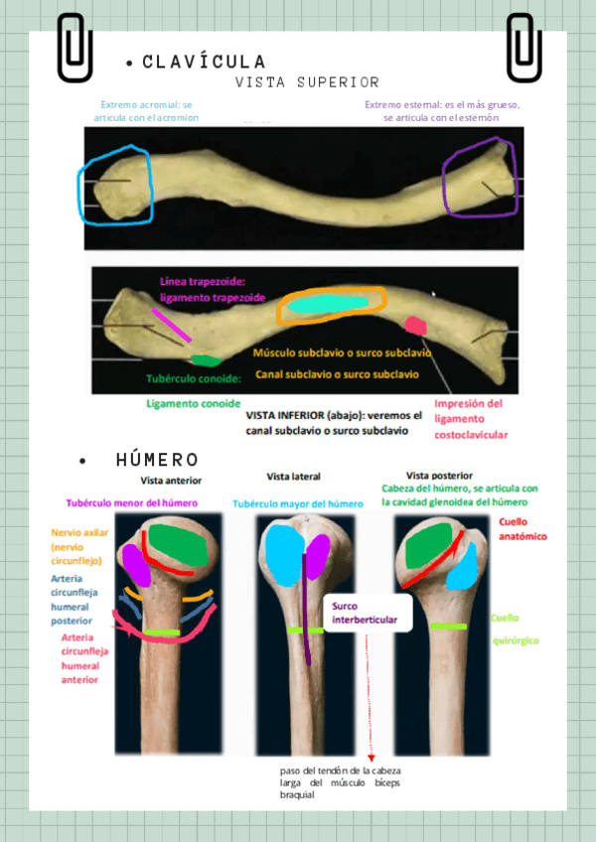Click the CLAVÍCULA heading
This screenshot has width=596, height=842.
[204, 63]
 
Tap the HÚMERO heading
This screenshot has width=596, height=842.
[157, 460]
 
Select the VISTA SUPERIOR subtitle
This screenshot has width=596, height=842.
[307, 81]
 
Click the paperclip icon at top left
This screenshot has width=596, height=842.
[74, 46]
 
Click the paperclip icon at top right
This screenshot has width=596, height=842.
[522, 46]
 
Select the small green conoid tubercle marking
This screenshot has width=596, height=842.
[205, 359]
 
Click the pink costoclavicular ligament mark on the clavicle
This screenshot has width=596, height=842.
[415, 325]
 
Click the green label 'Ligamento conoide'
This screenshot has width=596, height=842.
[193, 404]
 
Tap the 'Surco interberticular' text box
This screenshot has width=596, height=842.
[365, 613]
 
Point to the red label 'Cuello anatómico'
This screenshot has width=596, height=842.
[522, 528]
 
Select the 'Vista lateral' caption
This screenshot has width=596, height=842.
[294, 477]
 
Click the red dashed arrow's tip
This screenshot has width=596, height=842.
[371, 760]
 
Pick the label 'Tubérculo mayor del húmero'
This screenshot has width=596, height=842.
[298, 503]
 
